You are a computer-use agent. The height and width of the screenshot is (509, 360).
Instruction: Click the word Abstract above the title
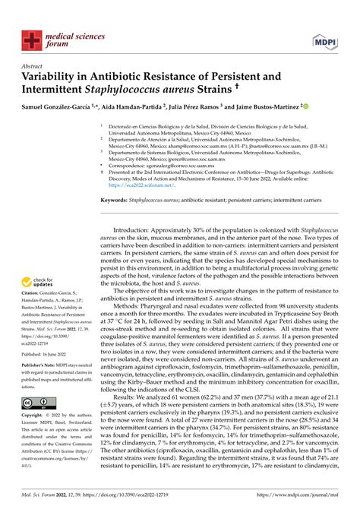tap(34, 66)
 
